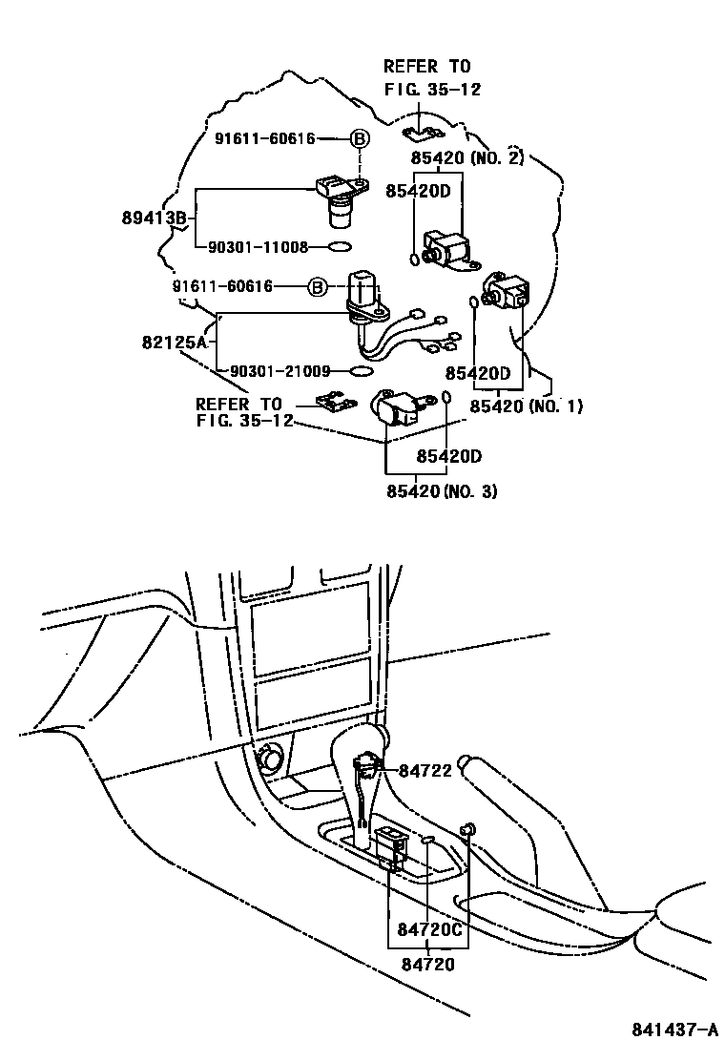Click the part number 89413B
[x=155, y=218]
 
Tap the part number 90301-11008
[x=257, y=247]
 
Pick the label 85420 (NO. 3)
[x=442, y=491]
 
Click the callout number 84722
[x=425, y=771]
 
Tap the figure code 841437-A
[x=673, y=1030]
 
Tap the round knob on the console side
[x=272, y=760]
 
